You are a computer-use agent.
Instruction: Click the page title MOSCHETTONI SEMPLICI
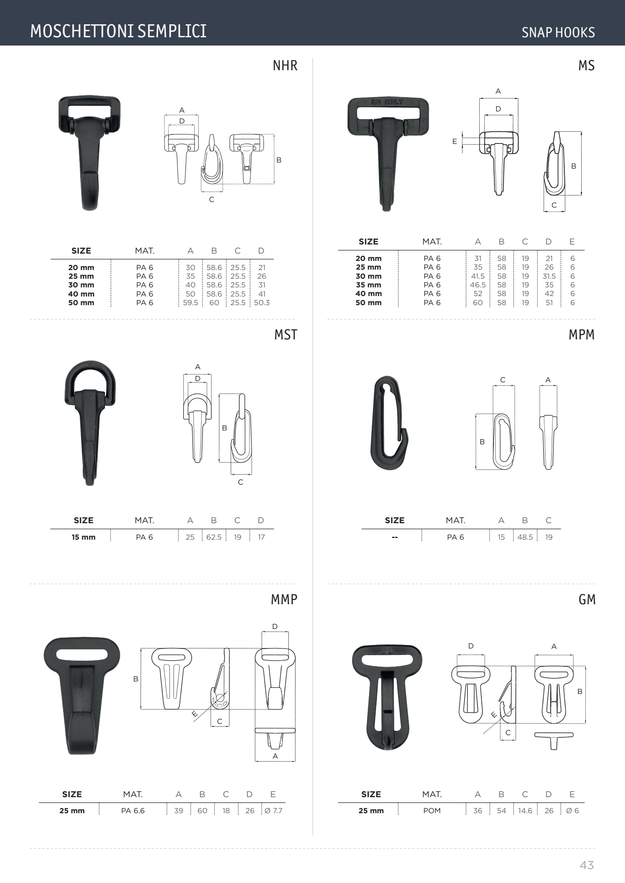pos(118,31)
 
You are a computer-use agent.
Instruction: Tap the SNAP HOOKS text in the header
pos(558,33)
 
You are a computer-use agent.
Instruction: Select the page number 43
pos(587,865)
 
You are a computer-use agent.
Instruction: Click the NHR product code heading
pos(285,65)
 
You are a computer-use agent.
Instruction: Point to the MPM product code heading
pos(582,335)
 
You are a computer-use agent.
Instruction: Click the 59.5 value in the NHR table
pos(190,303)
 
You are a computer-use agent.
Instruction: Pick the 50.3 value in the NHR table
pos(262,303)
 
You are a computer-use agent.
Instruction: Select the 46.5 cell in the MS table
pos(478,285)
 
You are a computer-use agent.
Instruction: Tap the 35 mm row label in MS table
pos(369,285)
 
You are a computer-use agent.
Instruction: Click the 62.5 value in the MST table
pos(214,537)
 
